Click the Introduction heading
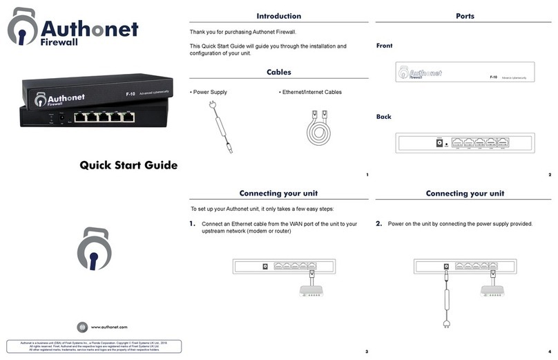pos(278,16)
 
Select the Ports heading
pos(465,16)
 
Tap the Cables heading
pos(278,72)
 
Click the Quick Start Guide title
pos(128,165)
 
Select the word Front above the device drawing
pos(384,46)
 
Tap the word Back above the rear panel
pos(383,117)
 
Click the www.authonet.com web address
pos(109,327)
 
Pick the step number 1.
pos(192,224)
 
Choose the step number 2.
pos(378,224)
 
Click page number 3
pos(367,352)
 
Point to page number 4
pos(549,352)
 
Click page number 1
pos(367,175)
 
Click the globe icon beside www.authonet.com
pos(83,327)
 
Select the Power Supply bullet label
pos(210,92)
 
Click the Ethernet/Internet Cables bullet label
pos(310,92)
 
